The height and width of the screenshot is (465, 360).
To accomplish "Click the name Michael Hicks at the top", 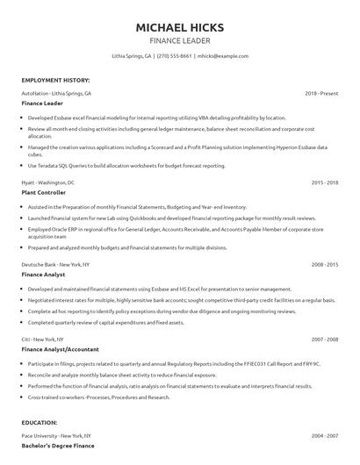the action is tap(179, 27).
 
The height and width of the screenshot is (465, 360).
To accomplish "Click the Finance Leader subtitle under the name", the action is tap(179, 40).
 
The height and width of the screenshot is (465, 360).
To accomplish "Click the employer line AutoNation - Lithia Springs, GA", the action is tap(56, 92).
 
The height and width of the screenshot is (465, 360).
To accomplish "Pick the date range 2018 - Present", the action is tap(322, 92).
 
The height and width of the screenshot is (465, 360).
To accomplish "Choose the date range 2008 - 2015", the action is tap(325, 263).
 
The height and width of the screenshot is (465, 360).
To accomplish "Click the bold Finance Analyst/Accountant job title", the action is tap(60, 348).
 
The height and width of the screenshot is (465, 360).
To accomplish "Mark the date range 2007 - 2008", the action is tap(325, 339).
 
